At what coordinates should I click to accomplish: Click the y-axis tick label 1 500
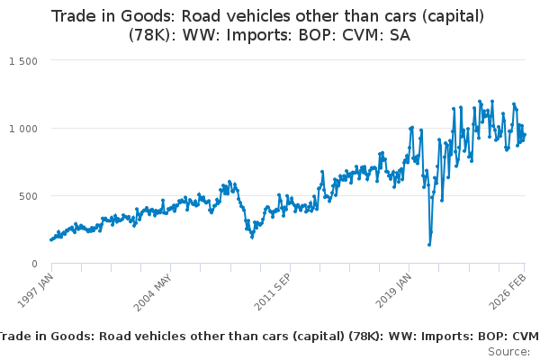tap(23, 60)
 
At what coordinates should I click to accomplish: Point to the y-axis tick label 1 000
tap(23, 128)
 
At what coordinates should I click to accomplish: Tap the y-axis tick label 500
tap(28, 195)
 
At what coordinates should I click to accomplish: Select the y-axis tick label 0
tap(33, 264)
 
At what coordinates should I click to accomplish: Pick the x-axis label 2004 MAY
tap(154, 290)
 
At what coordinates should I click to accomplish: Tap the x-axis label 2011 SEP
tap(273, 290)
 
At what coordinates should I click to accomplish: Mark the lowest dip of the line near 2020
tap(429, 244)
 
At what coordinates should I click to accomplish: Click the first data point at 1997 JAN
tap(51, 239)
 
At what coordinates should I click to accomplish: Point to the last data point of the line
tap(525, 135)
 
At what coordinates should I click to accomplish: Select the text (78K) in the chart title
tap(152, 39)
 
